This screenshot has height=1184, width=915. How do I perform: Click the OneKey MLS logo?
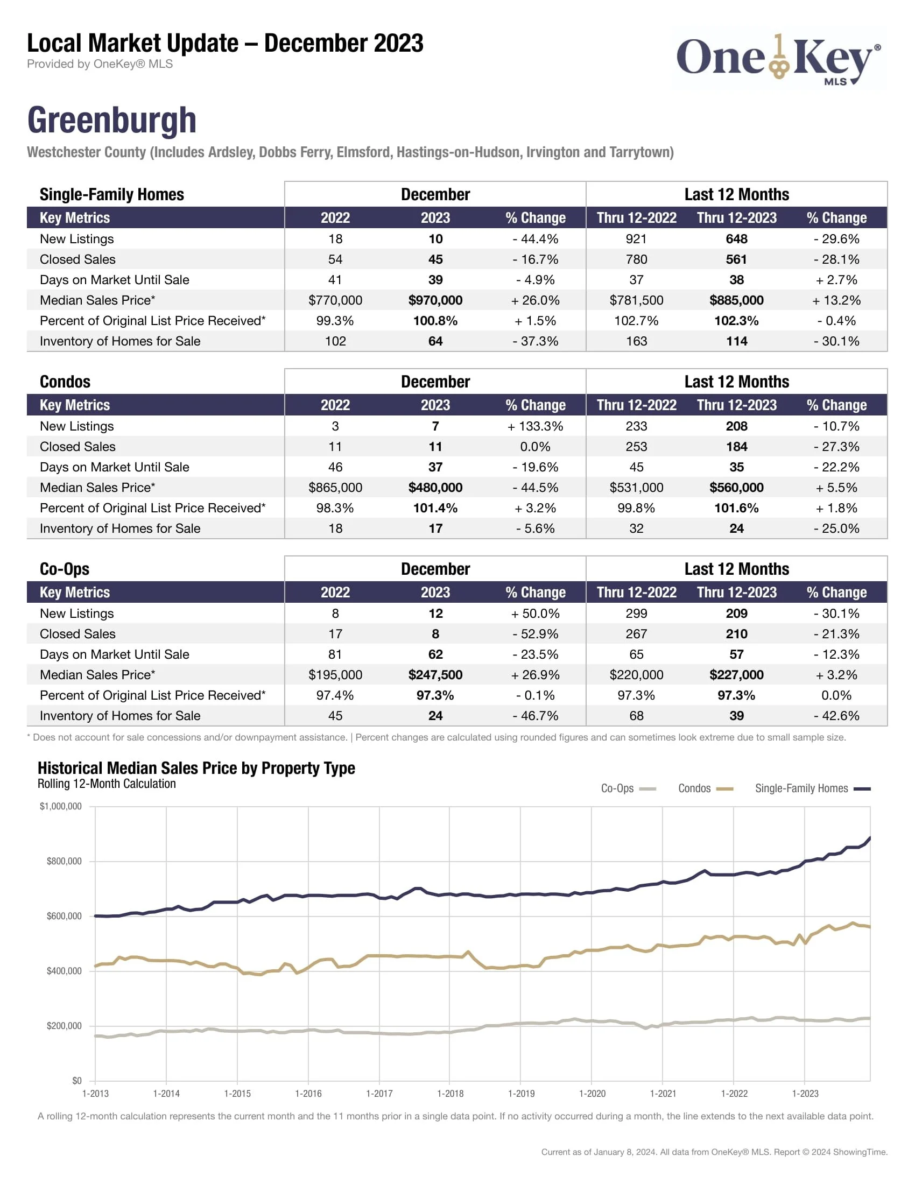(x=778, y=60)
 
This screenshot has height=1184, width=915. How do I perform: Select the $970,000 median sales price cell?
(x=435, y=300)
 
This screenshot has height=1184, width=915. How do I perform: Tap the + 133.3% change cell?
(x=535, y=426)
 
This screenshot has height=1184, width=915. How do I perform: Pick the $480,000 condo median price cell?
(x=435, y=488)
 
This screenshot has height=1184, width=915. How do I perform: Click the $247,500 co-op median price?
(x=435, y=675)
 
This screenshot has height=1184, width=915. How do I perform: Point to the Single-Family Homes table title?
(x=111, y=194)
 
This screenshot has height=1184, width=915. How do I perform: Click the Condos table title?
(x=65, y=382)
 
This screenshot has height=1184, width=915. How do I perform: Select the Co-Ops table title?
(x=65, y=569)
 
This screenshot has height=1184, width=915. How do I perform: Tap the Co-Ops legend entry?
(x=628, y=788)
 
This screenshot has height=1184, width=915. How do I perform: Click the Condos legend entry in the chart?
(x=705, y=788)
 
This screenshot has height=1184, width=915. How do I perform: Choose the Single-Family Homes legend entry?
(x=812, y=788)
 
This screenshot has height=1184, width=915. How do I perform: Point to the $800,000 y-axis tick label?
(x=64, y=862)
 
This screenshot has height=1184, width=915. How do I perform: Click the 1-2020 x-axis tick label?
(x=592, y=1094)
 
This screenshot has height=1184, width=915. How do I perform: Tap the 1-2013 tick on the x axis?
(x=95, y=1094)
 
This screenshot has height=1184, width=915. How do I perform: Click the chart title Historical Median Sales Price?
(x=196, y=768)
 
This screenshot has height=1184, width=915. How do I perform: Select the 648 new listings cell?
(x=736, y=239)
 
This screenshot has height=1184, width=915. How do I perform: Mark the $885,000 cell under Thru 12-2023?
(x=736, y=300)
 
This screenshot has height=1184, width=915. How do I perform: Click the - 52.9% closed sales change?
(x=535, y=634)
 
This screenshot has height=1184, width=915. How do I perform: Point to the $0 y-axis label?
(x=76, y=1081)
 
